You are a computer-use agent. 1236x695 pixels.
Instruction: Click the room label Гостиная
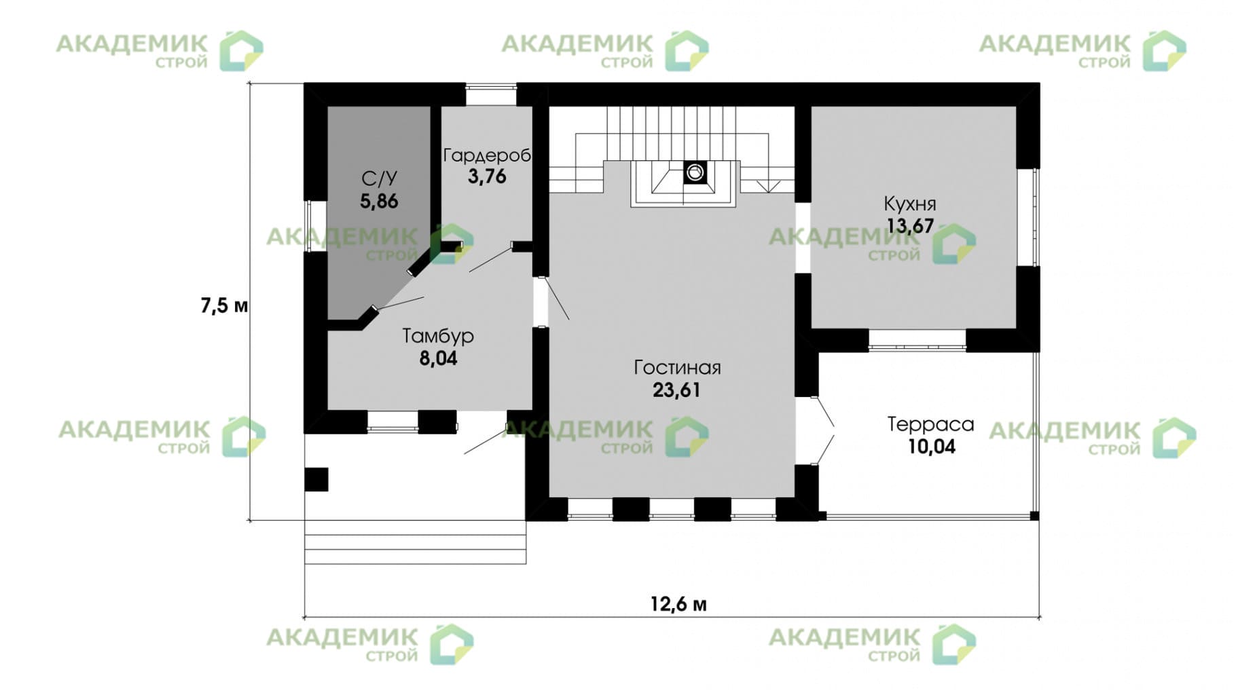click(676, 368)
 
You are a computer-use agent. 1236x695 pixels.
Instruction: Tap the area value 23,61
click(676, 390)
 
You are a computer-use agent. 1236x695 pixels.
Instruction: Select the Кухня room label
click(909, 204)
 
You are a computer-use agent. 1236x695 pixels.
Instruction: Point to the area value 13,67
click(909, 226)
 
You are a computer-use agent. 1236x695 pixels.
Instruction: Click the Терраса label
click(930, 424)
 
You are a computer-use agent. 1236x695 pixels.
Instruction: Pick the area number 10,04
click(930, 447)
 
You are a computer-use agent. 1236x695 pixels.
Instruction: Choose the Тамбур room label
click(438, 336)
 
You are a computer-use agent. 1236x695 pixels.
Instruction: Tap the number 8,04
click(438, 358)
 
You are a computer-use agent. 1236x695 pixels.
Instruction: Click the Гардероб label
click(486, 155)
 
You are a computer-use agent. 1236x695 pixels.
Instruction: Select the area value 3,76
click(486, 177)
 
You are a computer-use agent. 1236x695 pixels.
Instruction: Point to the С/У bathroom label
click(379, 179)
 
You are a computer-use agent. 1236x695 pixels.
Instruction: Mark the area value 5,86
click(379, 202)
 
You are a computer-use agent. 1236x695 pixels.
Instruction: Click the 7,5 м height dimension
click(224, 306)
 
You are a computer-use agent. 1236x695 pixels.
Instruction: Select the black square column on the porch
click(316, 479)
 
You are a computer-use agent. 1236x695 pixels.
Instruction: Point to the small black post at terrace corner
click(1034, 516)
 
